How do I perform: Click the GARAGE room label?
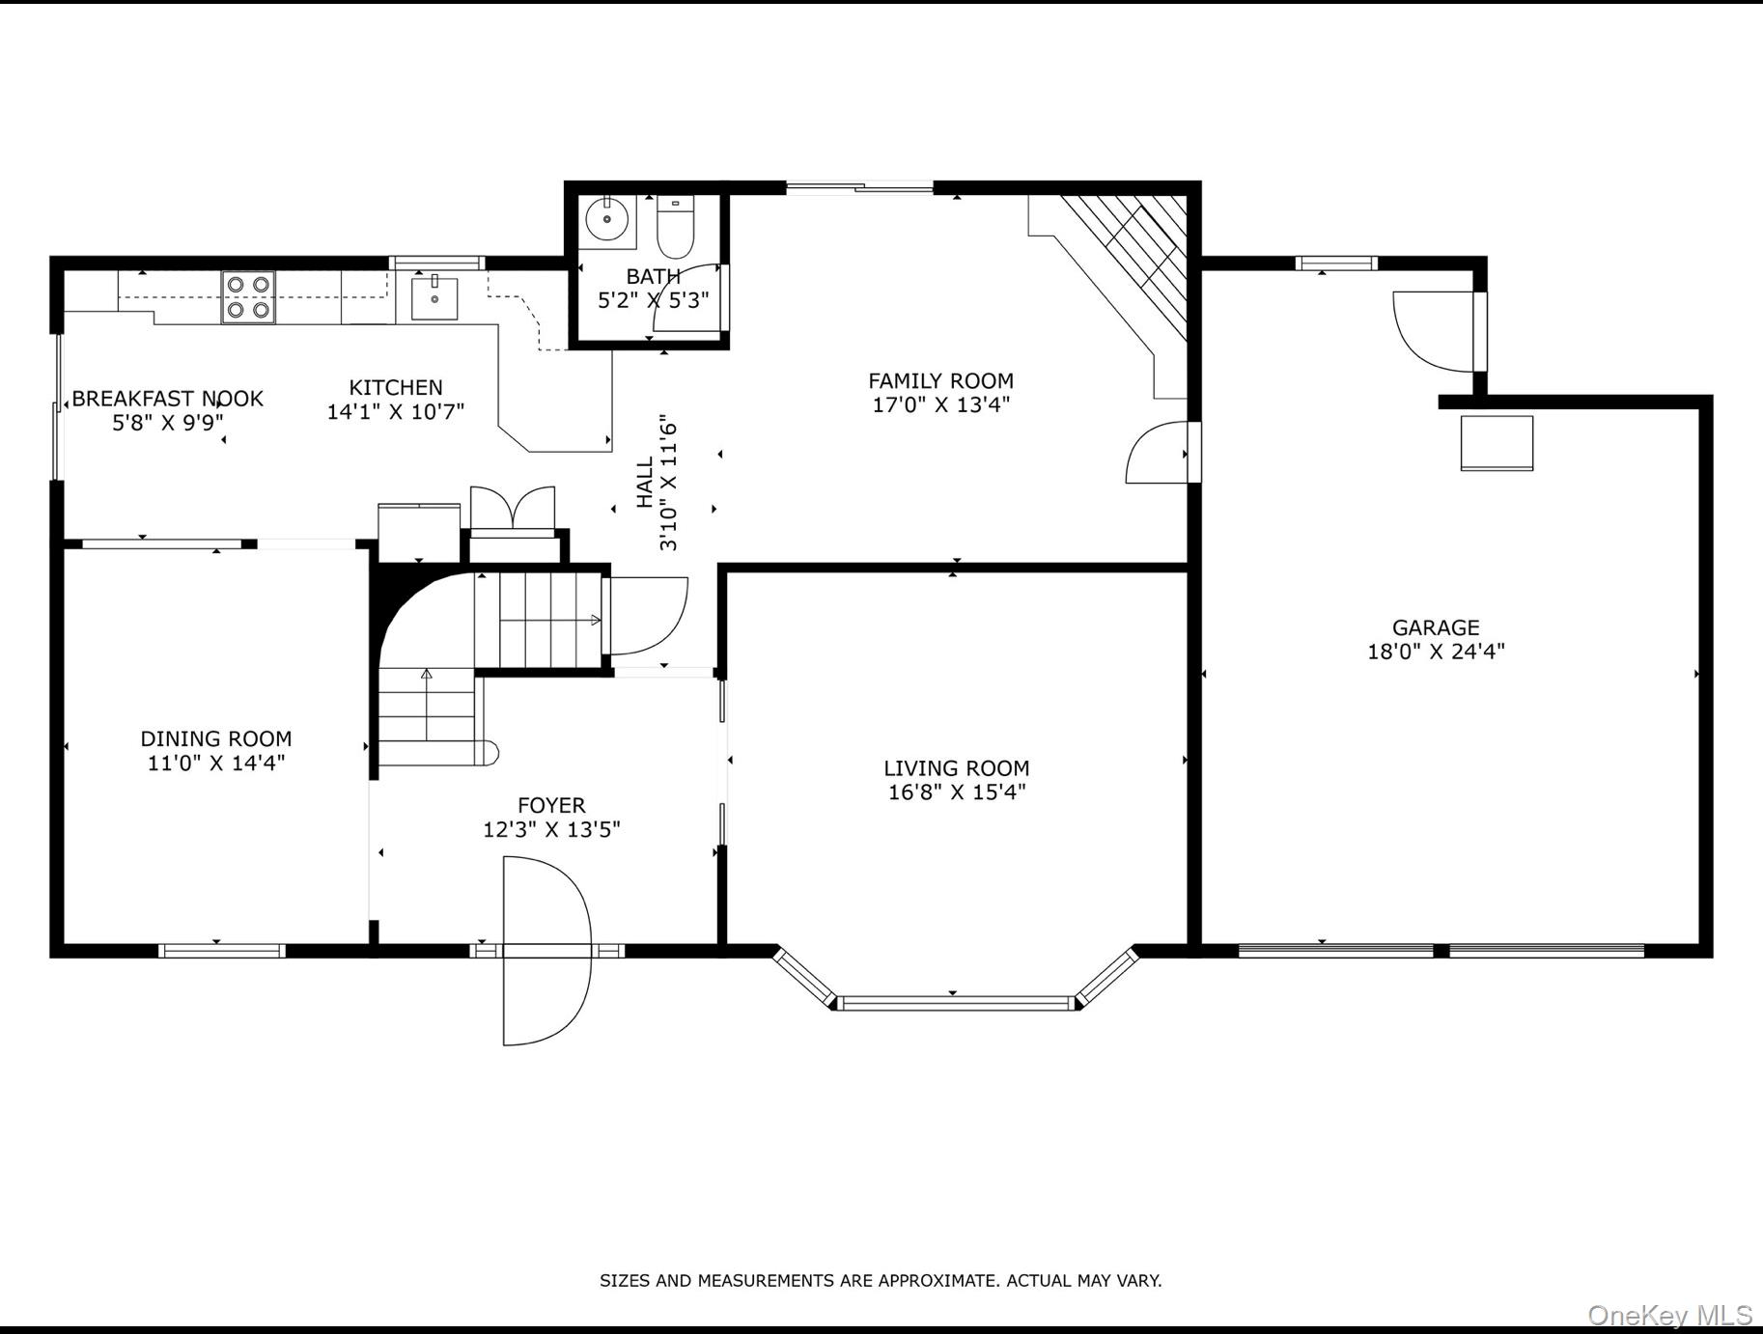click(1436, 627)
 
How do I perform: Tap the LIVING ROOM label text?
click(956, 768)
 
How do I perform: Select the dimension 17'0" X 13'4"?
click(940, 404)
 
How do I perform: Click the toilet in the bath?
click(675, 226)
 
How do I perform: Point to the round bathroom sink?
click(607, 217)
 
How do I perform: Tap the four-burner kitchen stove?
click(248, 297)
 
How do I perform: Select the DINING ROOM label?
click(216, 738)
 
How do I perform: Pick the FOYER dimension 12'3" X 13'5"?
click(551, 829)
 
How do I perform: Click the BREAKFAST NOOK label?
click(167, 398)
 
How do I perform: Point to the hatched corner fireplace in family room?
click(1130, 261)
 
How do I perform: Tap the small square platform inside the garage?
click(1497, 443)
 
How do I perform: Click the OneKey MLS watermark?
click(1669, 1315)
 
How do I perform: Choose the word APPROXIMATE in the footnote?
click(940, 1281)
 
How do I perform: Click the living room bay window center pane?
click(954, 1003)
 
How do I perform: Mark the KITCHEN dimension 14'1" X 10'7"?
click(396, 411)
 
